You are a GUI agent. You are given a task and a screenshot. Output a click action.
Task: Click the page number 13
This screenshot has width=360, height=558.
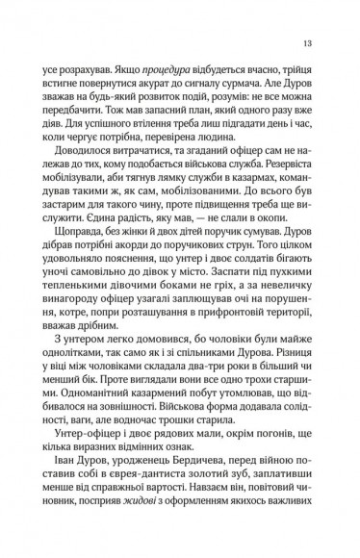pyautogui.click(x=305, y=42)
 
